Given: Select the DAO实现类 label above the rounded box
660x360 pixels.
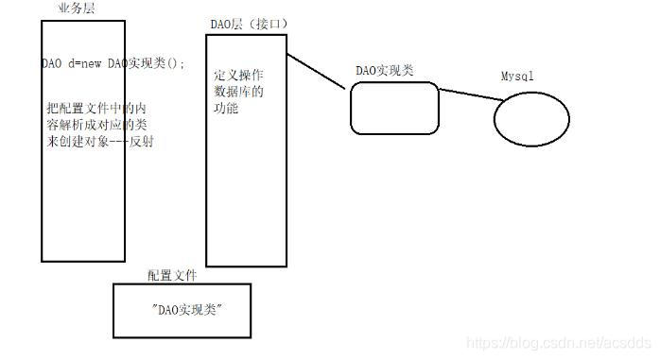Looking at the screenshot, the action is coord(385,71).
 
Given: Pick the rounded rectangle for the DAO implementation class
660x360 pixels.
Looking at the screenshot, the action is coord(394,107).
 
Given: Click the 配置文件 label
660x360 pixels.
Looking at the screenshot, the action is coord(171,275).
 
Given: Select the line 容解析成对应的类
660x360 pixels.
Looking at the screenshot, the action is coord(96,125).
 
